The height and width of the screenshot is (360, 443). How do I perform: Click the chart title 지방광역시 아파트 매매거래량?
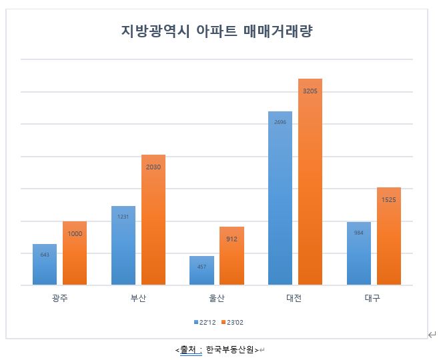217,31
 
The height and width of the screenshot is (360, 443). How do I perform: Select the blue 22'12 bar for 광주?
44,265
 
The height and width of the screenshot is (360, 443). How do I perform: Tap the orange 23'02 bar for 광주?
75,253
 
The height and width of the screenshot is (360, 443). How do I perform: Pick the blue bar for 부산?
123,246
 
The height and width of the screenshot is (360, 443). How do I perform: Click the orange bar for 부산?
153,220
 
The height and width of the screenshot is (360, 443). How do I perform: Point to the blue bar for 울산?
201,271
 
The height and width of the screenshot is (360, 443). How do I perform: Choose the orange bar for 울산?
232,256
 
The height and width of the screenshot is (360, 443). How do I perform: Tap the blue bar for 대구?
358,253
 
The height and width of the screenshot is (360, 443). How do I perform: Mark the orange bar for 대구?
389,236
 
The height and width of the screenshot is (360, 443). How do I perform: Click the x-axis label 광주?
59,298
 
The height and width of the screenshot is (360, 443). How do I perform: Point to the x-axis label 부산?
138,298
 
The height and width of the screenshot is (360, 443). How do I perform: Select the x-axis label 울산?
216,298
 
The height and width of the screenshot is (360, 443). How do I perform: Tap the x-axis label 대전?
295,298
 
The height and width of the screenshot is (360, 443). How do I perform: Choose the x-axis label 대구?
374,298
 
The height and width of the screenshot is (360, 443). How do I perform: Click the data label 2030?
153,167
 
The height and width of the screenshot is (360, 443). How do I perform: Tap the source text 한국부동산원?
230,349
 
